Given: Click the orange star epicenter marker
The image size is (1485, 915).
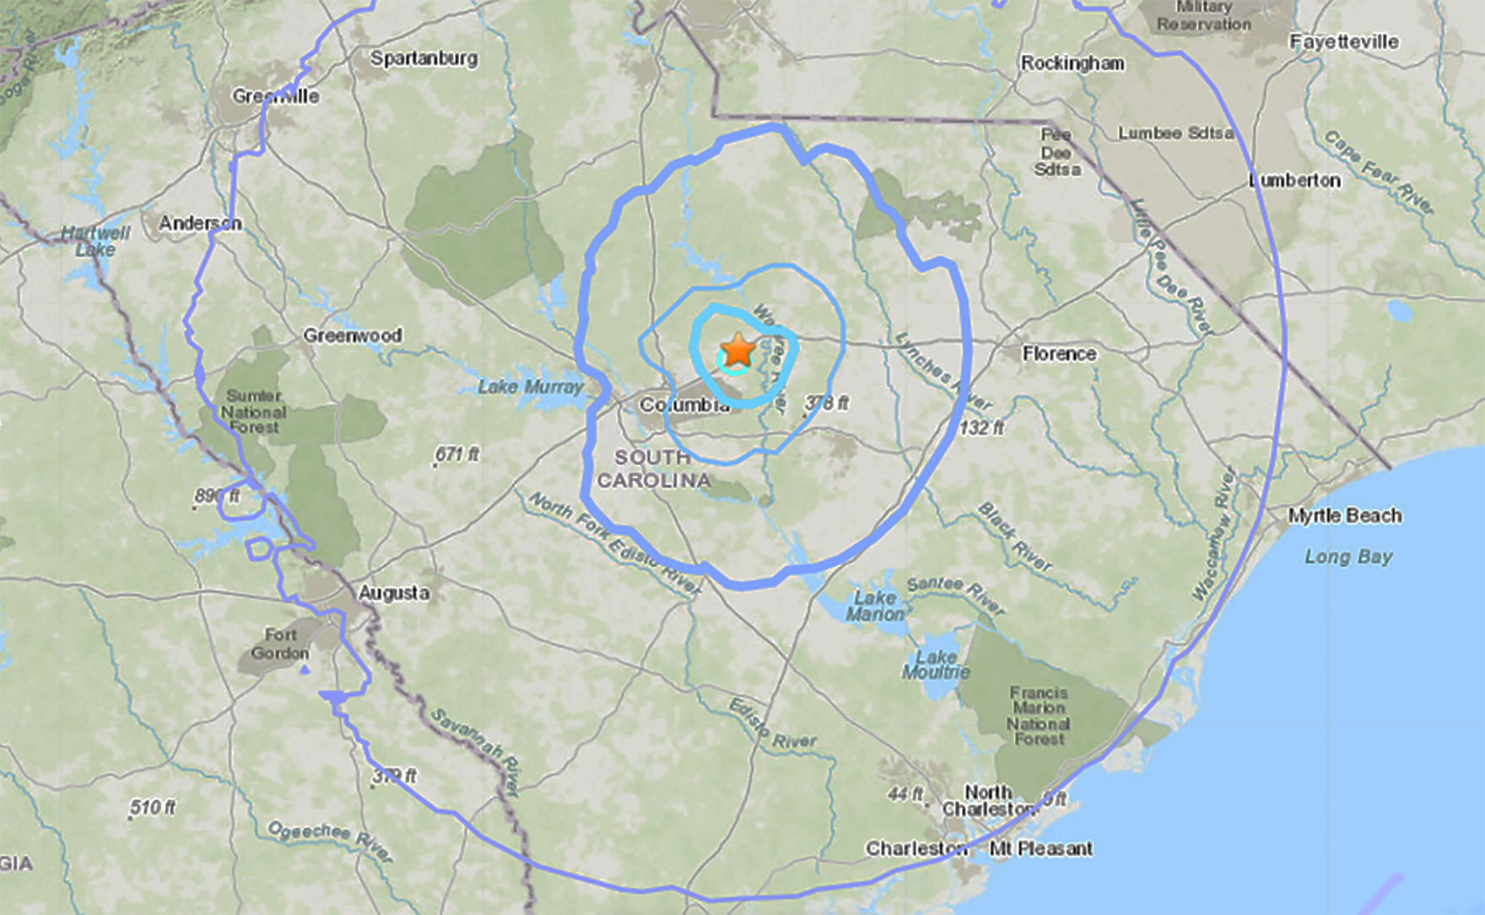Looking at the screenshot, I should pyautogui.click(x=738, y=350).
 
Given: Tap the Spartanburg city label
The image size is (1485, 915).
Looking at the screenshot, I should pyautogui.click(x=424, y=58).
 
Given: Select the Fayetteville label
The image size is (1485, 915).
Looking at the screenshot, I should pyautogui.click(x=1343, y=41).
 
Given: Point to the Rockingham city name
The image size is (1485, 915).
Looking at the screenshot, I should pyautogui.click(x=1072, y=63).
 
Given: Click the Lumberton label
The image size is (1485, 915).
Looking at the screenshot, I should pyautogui.click(x=1295, y=180).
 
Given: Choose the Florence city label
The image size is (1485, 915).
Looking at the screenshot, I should pyautogui.click(x=1059, y=354).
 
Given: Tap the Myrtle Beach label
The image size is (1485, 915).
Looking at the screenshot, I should pyautogui.click(x=1344, y=516).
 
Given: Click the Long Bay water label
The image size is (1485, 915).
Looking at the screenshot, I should pyautogui.click(x=1348, y=557).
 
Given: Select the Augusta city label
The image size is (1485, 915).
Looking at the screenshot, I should pyautogui.click(x=393, y=593).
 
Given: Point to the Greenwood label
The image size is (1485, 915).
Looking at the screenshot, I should pyautogui.click(x=352, y=335).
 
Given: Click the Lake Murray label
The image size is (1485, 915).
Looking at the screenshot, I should pyautogui.click(x=531, y=387).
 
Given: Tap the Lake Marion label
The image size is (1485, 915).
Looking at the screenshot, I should pyautogui.click(x=875, y=606).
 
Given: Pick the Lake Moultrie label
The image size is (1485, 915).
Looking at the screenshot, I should pyautogui.click(x=936, y=664).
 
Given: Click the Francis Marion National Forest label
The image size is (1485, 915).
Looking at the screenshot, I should pyautogui.click(x=1039, y=715).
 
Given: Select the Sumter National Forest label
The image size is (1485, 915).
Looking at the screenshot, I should pyautogui.click(x=254, y=411).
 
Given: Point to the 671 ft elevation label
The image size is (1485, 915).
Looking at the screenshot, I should pyautogui.click(x=457, y=454).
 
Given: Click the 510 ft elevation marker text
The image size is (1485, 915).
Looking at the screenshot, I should pyautogui.click(x=153, y=808).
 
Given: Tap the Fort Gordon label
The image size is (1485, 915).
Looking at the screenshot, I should pyautogui.click(x=280, y=643).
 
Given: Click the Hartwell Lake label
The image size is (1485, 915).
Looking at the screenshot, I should pyautogui.click(x=94, y=241).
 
